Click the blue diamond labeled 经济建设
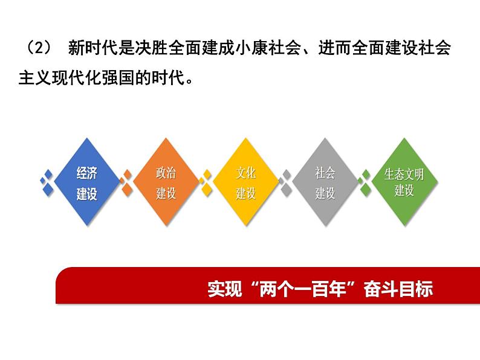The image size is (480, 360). tap(87, 182)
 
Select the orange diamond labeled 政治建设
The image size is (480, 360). tap(166, 182)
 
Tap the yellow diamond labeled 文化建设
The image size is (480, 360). tap(245, 182)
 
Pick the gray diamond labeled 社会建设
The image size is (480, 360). tap(325, 182)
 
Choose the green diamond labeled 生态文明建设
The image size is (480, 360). tap(404, 182)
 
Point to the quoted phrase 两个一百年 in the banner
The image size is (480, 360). tap(310, 289)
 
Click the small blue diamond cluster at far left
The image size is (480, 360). tap(46, 182)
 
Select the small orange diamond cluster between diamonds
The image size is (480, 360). tap(126, 182)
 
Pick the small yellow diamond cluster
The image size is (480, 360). tap(206, 182)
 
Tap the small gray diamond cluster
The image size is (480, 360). tap(285, 182)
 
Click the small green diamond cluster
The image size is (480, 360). tap(364, 182)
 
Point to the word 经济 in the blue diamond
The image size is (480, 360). tap(87, 174)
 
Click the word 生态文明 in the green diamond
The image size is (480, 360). tap(404, 175)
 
